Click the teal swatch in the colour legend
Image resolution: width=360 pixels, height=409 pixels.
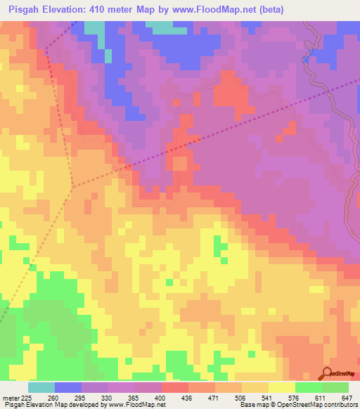[x=41, y=387]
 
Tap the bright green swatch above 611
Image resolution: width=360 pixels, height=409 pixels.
[x=308, y=387]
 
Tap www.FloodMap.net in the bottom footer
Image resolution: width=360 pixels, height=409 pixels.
[x=138, y=405]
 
